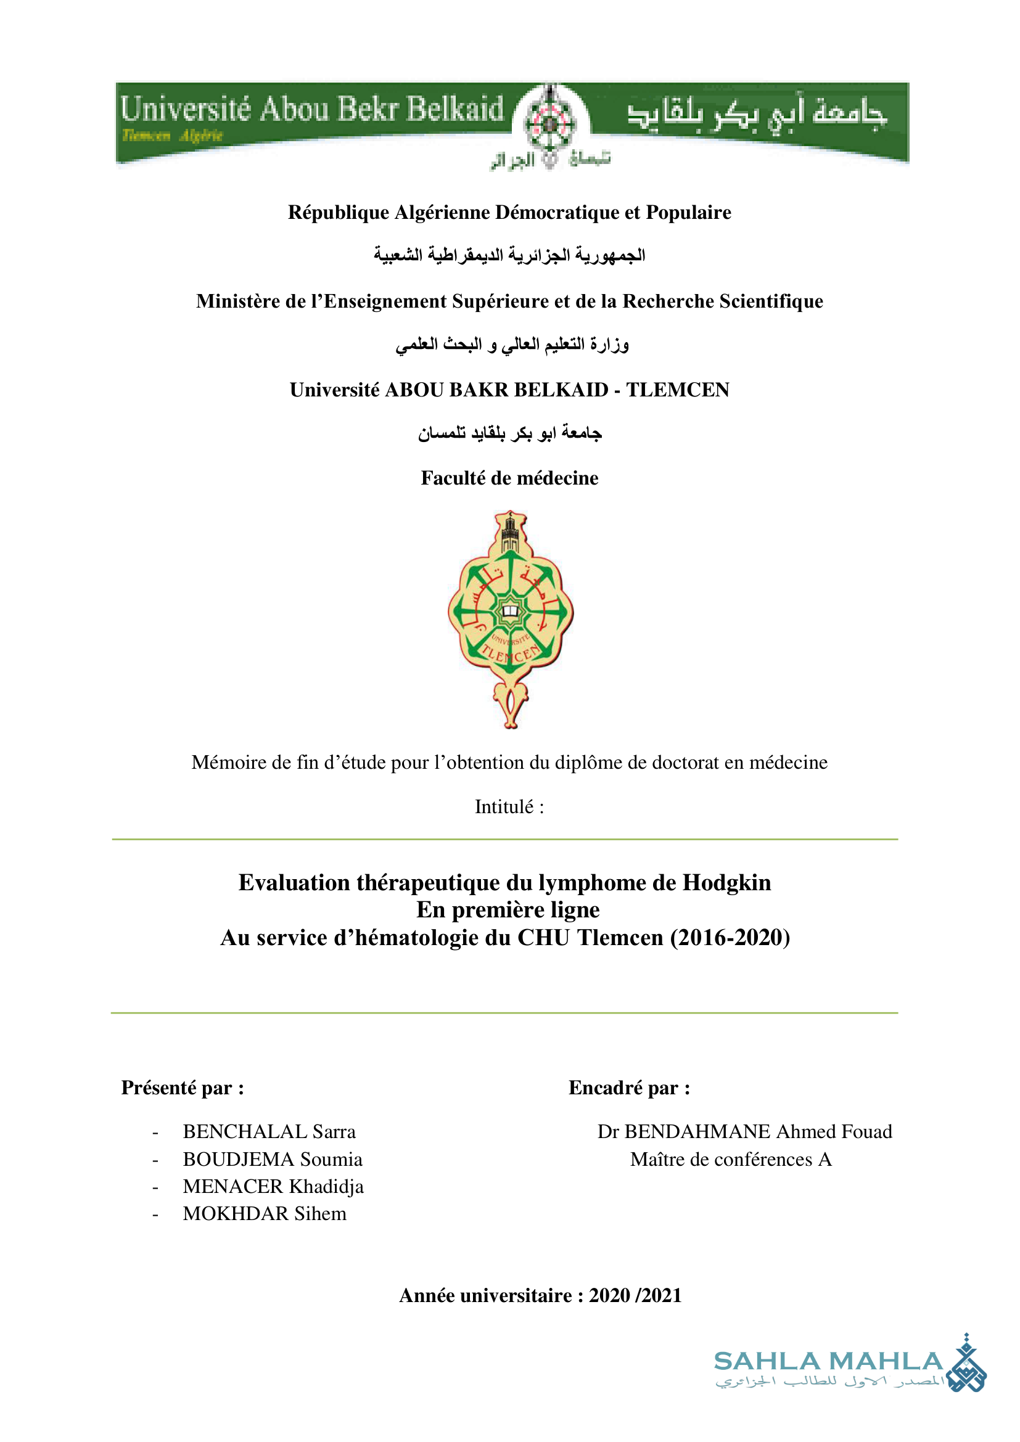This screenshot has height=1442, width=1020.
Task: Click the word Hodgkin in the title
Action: [726, 882]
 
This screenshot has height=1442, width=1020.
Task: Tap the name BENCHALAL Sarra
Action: [269, 1131]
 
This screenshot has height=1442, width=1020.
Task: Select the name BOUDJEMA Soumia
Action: [273, 1159]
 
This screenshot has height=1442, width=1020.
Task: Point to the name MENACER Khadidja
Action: [273, 1186]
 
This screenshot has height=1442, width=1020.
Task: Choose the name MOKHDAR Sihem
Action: [265, 1213]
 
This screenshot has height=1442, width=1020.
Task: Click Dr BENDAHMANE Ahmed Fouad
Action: [744, 1131]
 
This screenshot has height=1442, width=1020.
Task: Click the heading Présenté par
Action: [182, 1087]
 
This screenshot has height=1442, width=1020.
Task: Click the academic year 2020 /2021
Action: [635, 1295]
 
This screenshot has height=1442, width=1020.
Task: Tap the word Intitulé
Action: [509, 806]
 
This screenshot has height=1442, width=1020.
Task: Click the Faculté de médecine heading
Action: [509, 478]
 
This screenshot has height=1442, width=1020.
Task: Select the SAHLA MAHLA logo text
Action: [828, 1362]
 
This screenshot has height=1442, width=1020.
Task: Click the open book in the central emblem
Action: [510, 610]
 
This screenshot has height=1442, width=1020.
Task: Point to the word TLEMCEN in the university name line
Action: [678, 390]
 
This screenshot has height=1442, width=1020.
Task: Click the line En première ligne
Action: [508, 909]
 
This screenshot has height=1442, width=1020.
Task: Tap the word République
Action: [339, 212]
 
